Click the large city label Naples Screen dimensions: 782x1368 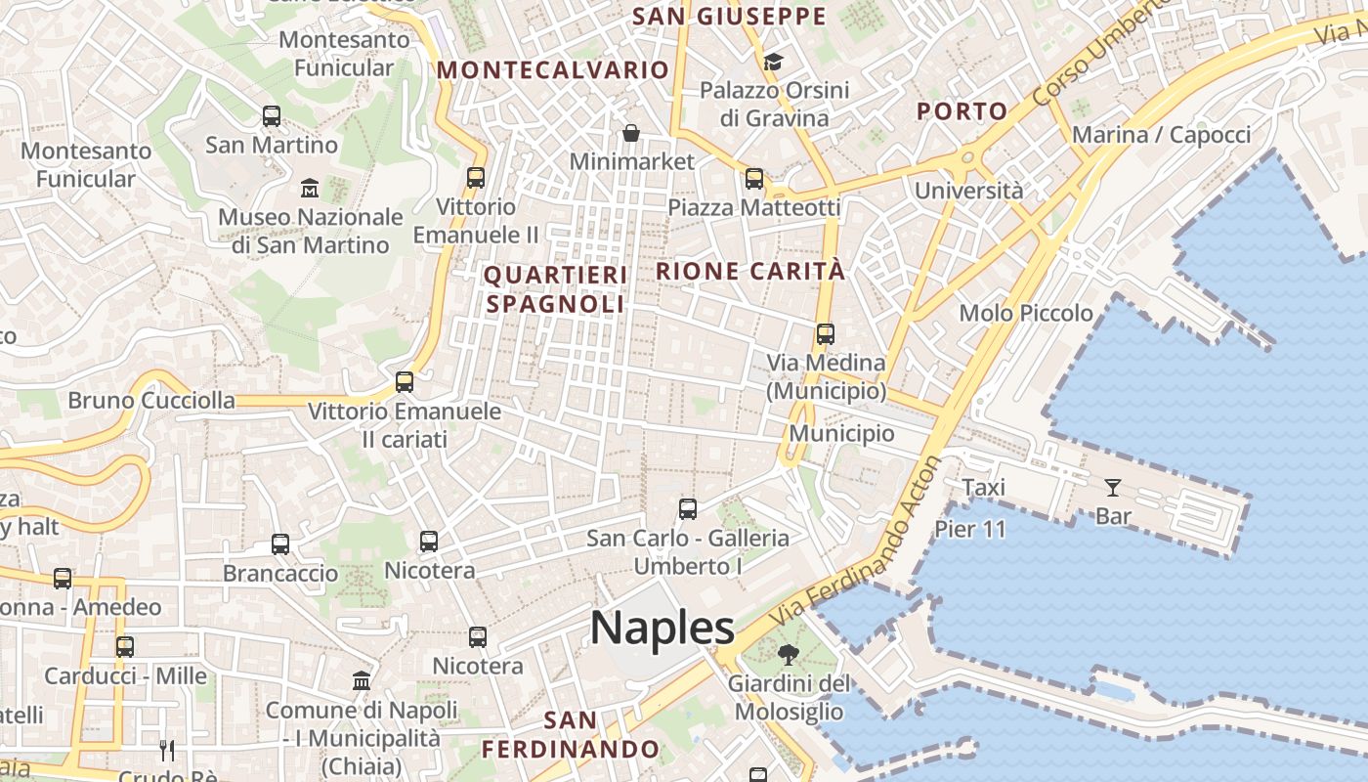662,628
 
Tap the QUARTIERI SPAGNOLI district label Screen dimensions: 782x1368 555,289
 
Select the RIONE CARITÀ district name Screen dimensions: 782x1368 749,271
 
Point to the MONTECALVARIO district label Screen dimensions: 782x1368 552,70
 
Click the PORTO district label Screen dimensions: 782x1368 962,111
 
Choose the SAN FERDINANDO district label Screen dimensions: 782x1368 570,735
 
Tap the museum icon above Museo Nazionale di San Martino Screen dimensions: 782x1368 310,187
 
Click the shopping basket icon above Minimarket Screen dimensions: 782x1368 631,132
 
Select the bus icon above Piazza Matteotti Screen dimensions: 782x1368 753,179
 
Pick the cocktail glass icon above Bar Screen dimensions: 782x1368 1112,487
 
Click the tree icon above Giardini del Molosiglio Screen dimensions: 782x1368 788,655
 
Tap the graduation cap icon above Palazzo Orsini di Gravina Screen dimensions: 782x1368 773,63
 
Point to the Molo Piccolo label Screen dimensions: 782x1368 1026,313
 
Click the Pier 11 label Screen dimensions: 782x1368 970,529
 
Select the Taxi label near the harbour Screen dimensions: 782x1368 983,487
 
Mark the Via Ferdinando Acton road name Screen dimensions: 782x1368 858,543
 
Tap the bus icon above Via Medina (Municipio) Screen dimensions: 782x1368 826,334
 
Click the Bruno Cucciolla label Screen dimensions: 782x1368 151,400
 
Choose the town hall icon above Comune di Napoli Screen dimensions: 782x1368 362,680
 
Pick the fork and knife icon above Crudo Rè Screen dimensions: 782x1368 167,751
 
